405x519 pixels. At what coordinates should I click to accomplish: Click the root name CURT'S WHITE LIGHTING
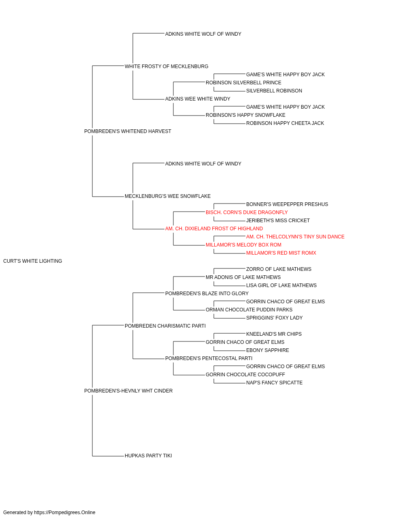(x=33, y=261)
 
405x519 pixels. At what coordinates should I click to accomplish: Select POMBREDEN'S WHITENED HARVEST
(x=128, y=131)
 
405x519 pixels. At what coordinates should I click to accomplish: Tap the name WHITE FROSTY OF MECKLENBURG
(x=166, y=66)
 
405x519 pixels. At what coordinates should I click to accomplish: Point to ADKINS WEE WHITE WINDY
(x=198, y=99)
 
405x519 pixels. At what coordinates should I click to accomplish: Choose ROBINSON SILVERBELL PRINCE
(x=243, y=83)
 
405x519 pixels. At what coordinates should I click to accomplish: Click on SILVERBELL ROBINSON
(x=274, y=91)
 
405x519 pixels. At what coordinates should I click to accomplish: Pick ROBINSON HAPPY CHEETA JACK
(x=285, y=123)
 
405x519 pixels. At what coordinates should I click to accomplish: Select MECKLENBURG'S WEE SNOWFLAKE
(x=168, y=196)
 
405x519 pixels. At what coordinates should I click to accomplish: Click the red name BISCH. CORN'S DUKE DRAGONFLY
(x=247, y=212)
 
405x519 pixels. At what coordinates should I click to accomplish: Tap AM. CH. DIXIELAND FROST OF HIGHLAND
(x=214, y=229)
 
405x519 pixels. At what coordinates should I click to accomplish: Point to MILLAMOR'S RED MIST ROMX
(x=281, y=253)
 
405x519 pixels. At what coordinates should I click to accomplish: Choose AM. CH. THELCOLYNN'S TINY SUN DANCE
(x=295, y=237)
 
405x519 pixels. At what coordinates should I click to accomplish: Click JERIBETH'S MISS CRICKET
(x=278, y=221)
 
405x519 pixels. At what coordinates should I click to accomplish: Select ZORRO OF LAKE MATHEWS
(x=279, y=269)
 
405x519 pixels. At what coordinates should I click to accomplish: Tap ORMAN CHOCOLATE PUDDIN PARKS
(x=249, y=310)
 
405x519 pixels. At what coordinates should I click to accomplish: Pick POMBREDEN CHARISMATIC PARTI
(x=165, y=326)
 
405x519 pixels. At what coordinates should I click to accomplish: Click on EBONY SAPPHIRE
(x=268, y=350)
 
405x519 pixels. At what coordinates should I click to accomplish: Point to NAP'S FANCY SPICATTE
(x=274, y=383)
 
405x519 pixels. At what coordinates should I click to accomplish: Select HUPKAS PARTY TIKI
(x=148, y=456)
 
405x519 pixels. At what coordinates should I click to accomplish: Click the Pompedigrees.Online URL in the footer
(x=65, y=513)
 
